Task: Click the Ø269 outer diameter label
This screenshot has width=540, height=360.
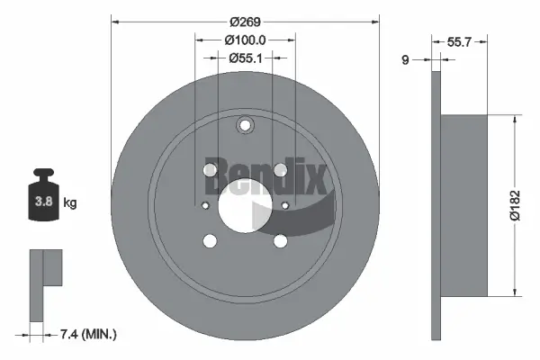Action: [x=245, y=21]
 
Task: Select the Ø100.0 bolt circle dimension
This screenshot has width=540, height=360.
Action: [x=245, y=40]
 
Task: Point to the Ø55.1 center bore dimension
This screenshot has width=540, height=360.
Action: [x=245, y=58]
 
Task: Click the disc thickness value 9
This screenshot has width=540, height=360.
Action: [x=405, y=60]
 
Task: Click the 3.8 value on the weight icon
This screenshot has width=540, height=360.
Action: [x=42, y=202]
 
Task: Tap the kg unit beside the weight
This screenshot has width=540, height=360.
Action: [x=70, y=202]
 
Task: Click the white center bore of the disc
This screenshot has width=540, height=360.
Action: [x=245, y=205]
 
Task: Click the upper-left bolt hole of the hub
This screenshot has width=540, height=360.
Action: [x=210, y=170]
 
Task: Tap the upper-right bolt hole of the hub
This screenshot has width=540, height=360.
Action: [x=280, y=170]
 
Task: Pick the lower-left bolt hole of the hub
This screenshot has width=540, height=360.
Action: [x=210, y=240]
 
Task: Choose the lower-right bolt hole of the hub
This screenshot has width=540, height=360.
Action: [x=280, y=240]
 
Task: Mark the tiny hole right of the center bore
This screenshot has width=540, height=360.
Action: [x=285, y=205]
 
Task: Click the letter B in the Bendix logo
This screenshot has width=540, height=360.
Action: [x=219, y=176]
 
